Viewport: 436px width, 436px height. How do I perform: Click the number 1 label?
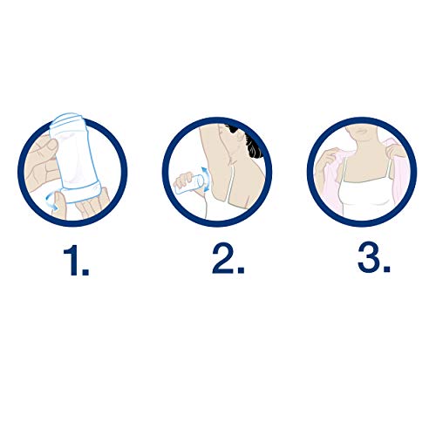point(71,260)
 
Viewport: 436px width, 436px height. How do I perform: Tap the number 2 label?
point(223,259)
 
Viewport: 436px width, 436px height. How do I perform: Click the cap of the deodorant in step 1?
point(66,119)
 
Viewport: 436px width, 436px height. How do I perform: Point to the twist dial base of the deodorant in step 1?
point(81,192)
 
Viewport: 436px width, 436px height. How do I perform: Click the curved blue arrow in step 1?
point(51,201)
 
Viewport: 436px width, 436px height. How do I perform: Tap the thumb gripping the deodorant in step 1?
point(50,145)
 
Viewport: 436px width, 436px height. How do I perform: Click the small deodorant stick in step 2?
point(188,185)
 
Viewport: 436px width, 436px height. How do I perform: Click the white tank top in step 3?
point(367,198)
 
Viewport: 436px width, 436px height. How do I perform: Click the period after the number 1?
point(85,271)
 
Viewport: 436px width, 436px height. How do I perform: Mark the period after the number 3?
point(386,269)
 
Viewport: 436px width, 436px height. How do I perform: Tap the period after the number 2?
point(241,269)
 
